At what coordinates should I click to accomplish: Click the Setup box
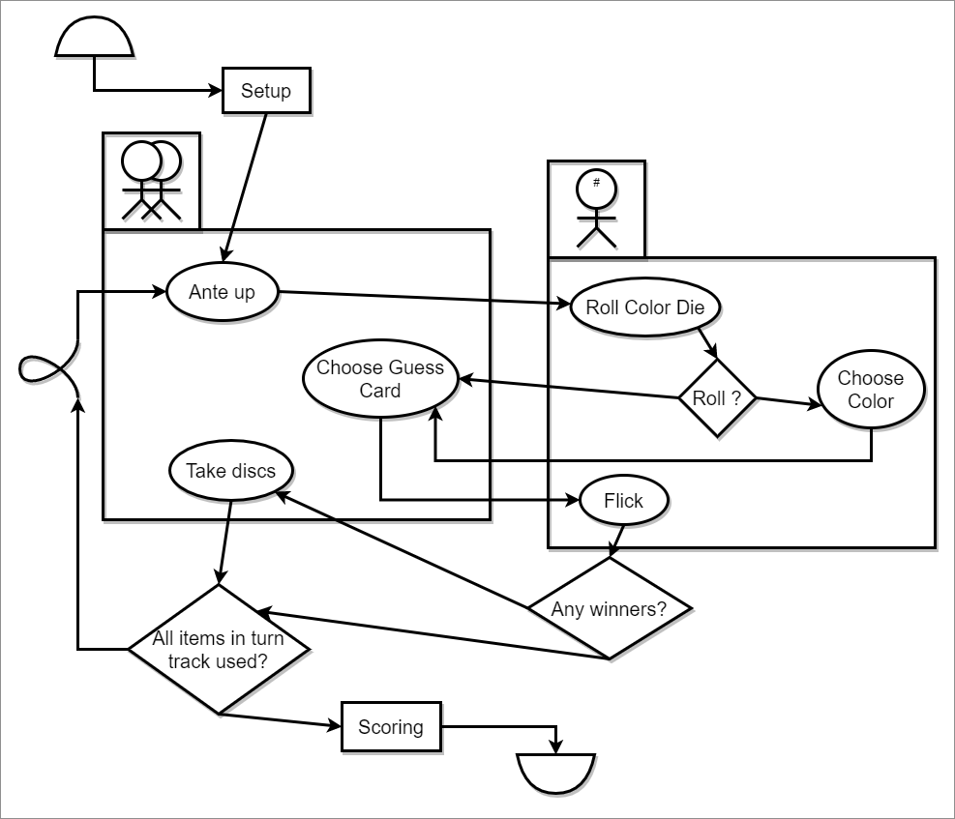coord(265,92)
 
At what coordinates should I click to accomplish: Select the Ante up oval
coord(223,292)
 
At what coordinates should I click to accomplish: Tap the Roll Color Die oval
coord(645,307)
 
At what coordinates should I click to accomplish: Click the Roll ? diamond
coord(716,397)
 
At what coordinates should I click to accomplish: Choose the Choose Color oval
coord(871,390)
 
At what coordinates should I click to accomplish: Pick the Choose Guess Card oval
coord(380,379)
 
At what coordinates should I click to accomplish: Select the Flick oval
coord(623,501)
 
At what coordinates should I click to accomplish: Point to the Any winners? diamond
coord(610,608)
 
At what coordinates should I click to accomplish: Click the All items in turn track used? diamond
coord(219,649)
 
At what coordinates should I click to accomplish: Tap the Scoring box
coord(391,727)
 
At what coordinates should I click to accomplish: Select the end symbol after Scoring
coord(555,773)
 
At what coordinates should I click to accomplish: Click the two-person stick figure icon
coord(152,181)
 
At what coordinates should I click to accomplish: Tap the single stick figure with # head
coord(596,209)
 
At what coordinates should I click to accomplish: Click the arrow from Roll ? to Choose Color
coord(786,402)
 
